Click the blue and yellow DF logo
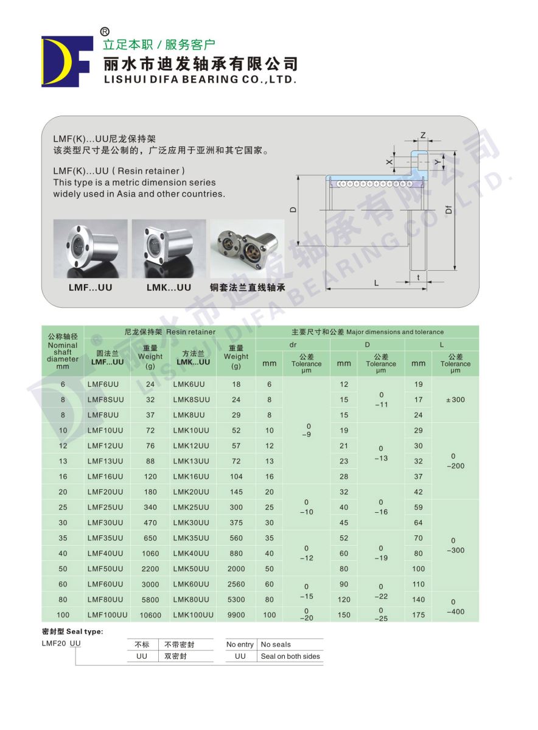pos(66,60)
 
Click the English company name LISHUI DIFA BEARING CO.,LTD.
pos(200,79)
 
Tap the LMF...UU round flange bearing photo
pos(90,249)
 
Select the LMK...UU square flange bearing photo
pos(169,249)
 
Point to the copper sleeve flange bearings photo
pos(247,249)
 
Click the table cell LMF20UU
pos(105,492)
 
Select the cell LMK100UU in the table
pos(194,614)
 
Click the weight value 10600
pos(150,615)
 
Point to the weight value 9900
pos(236,614)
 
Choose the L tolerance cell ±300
pos(455,400)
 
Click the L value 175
pos(418,614)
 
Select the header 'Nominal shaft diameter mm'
pos(63,352)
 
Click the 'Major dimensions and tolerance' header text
pos(368,332)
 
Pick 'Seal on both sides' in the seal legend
pos(290,656)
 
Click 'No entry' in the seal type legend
pos(240,644)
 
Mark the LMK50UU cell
pos(191,569)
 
